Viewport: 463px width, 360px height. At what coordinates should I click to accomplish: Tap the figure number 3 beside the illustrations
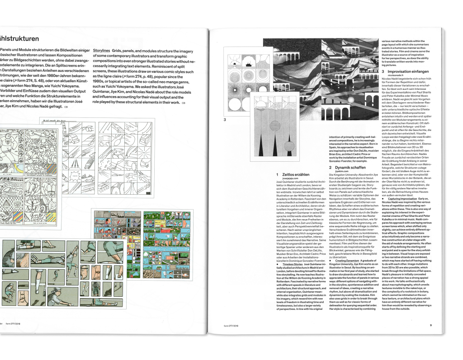coord(225,120)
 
